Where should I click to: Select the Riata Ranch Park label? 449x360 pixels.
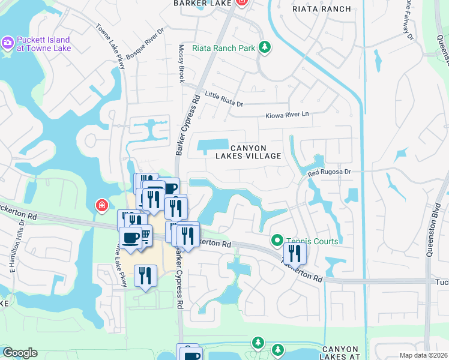[x=223, y=48]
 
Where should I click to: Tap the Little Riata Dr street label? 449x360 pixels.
[x=224, y=100]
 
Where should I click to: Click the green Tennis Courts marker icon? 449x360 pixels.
[x=277, y=241]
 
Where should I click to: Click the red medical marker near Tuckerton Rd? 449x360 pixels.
[x=103, y=206]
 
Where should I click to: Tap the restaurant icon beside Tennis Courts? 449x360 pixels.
[x=295, y=252]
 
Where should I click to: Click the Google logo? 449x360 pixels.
[x=20, y=353]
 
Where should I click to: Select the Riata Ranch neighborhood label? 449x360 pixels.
[x=321, y=9]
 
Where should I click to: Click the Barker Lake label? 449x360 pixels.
[x=199, y=4]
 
